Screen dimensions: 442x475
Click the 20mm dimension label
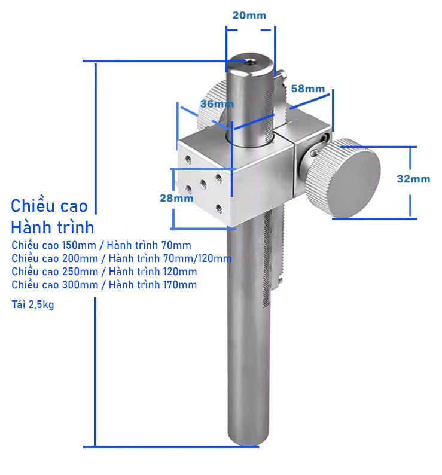[x=249, y=16]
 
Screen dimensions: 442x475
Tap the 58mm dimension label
[x=308, y=89]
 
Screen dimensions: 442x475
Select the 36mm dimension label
[x=217, y=104]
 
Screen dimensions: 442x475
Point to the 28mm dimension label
[x=176, y=198]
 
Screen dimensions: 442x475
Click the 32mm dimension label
[x=413, y=179]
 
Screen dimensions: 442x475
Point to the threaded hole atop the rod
[x=250, y=62]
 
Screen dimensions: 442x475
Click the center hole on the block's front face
[x=203, y=184]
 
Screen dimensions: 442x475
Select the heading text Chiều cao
[x=49, y=206]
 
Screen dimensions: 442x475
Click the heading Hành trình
[x=53, y=227]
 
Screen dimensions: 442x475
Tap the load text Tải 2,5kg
[x=33, y=305]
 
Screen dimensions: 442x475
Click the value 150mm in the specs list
[x=79, y=245]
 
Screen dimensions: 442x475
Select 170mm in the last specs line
[x=179, y=285]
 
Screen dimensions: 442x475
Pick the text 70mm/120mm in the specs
[x=197, y=258]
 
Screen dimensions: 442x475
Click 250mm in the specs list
[x=80, y=272]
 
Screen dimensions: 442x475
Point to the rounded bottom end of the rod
[x=248, y=439]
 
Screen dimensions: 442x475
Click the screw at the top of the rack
[x=282, y=74]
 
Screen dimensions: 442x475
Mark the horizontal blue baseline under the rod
[x=171, y=446]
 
